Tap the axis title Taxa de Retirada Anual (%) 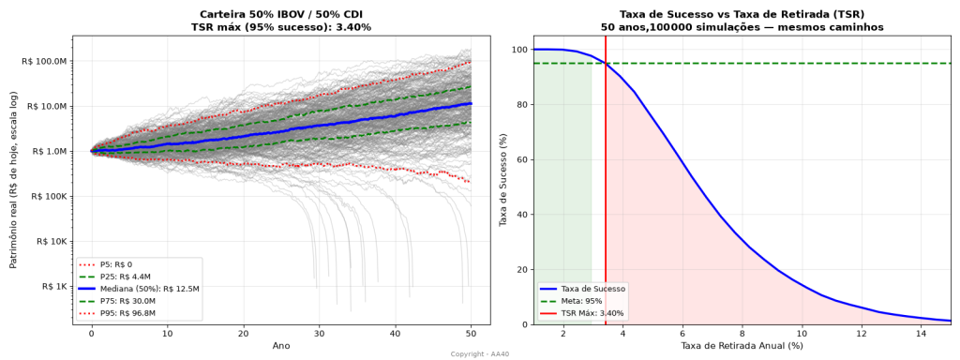click(x=742, y=346)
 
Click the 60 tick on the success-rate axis click(x=521, y=159)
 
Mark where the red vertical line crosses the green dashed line click(x=606, y=63)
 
